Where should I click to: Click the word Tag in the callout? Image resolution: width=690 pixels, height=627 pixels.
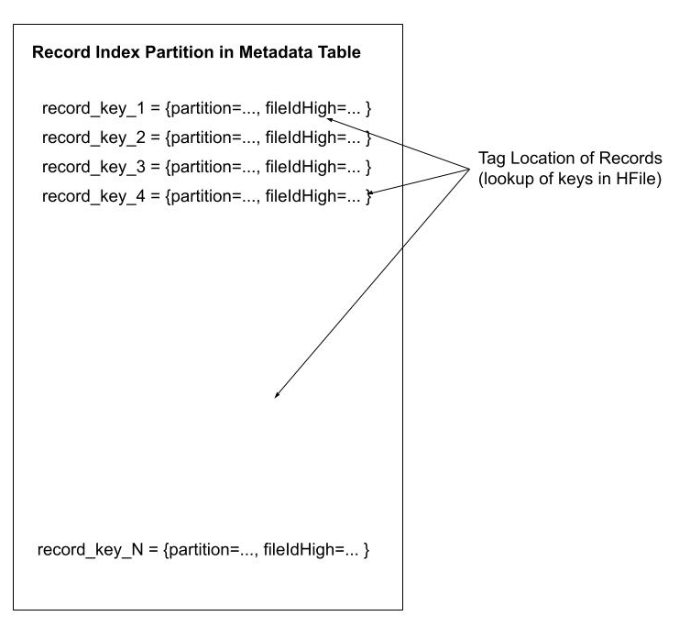click(x=491, y=158)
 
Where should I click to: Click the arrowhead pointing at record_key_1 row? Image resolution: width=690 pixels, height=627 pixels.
click(x=328, y=119)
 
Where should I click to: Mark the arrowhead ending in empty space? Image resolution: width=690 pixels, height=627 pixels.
click(x=276, y=396)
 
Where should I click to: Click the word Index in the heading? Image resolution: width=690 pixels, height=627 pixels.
click(x=113, y=53)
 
